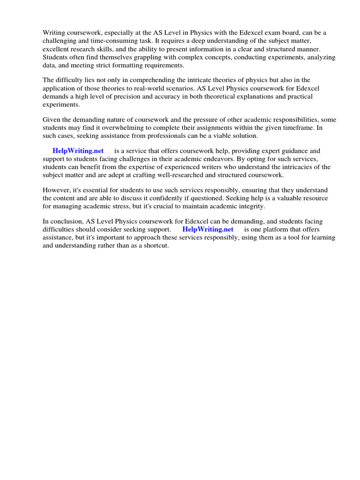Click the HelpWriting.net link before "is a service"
[x=78, y=151]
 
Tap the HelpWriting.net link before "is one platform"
[x=208, y=229]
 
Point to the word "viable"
[x=215, y=135]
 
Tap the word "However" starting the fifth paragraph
[x=56, y=190]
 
